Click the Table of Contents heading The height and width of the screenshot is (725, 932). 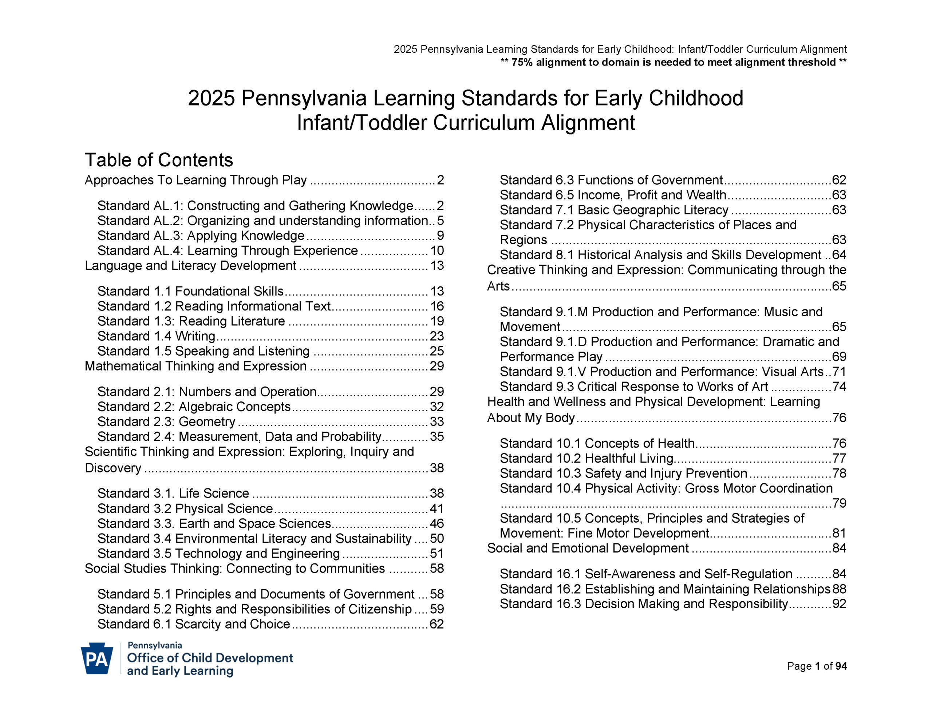click(x=159, y=160)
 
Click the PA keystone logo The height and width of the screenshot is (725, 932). click(x=97, y=658)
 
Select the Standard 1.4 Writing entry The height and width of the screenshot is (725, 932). click(x=156, y=336)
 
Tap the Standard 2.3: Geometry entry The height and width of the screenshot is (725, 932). click(x=166, y=421)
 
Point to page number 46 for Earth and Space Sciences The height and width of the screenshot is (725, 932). click(x=437, y=524)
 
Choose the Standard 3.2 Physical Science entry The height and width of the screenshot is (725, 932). click(x=185, y=509)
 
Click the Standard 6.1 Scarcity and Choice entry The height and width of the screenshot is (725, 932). click(x=194, y=624)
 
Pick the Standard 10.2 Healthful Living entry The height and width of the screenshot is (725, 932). click(x=587, y=458)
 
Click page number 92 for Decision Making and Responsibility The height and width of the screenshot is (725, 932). click(x=839, y=604)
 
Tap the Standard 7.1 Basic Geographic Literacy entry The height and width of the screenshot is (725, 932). click(x=614, y=210)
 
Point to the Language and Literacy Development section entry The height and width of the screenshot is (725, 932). click(x=190, y=266)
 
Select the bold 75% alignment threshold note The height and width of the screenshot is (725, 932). click(x=674, y=62)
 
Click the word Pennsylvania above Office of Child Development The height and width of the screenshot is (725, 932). click(x=155, y=646)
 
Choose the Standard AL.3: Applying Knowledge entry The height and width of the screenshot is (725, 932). click(x=201, y=235)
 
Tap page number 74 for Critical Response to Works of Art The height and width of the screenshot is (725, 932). click(x=839, y=387)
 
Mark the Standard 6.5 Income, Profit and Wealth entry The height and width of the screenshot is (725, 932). click(x=613, y=195)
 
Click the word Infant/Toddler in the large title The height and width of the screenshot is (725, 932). click(x=362, y=123)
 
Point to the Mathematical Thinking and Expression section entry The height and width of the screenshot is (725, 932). click(x=196, y=366)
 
